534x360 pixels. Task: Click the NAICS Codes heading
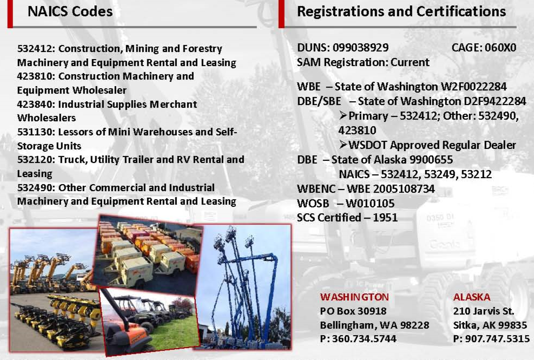pos(70,11)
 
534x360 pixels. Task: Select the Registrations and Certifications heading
pos(401,11)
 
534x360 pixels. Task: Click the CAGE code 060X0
pos(500,48)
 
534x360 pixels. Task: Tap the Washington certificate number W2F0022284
pos(474,87)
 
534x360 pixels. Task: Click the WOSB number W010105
pos(370,204)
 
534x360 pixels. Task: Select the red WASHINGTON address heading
pos(354,297)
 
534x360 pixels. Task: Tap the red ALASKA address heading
pos(472,297)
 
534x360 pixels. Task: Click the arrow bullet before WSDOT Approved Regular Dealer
pos(343,145)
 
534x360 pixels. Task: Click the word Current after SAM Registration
pos(410,62)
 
